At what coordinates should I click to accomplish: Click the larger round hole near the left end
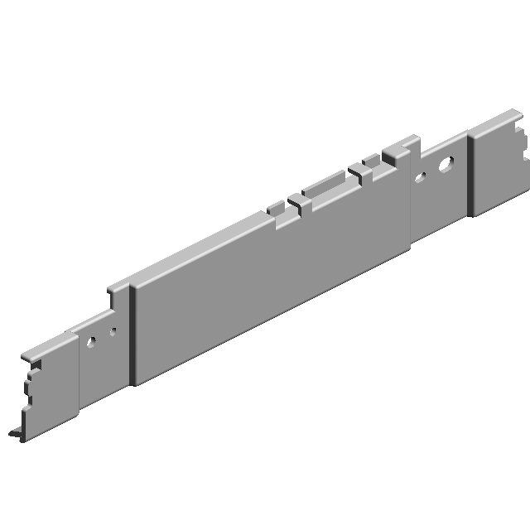[93, 340]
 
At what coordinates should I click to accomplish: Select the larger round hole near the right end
[445, 164]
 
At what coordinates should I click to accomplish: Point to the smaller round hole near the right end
[420, 176]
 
